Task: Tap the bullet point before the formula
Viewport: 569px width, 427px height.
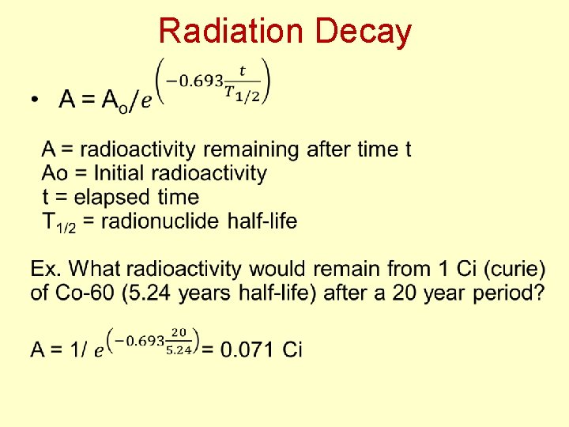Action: [34, 100]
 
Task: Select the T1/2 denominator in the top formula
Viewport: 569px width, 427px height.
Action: [243, 93]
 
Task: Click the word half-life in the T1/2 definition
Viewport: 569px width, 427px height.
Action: [262, 221]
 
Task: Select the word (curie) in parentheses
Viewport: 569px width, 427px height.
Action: [515, 269]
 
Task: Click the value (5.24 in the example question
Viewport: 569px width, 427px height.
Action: [148, 293]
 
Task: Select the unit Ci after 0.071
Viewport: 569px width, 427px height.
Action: [292, 349]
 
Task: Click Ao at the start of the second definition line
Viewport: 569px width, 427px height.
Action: [55, 172]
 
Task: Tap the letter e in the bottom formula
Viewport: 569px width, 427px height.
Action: [99, 350]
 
